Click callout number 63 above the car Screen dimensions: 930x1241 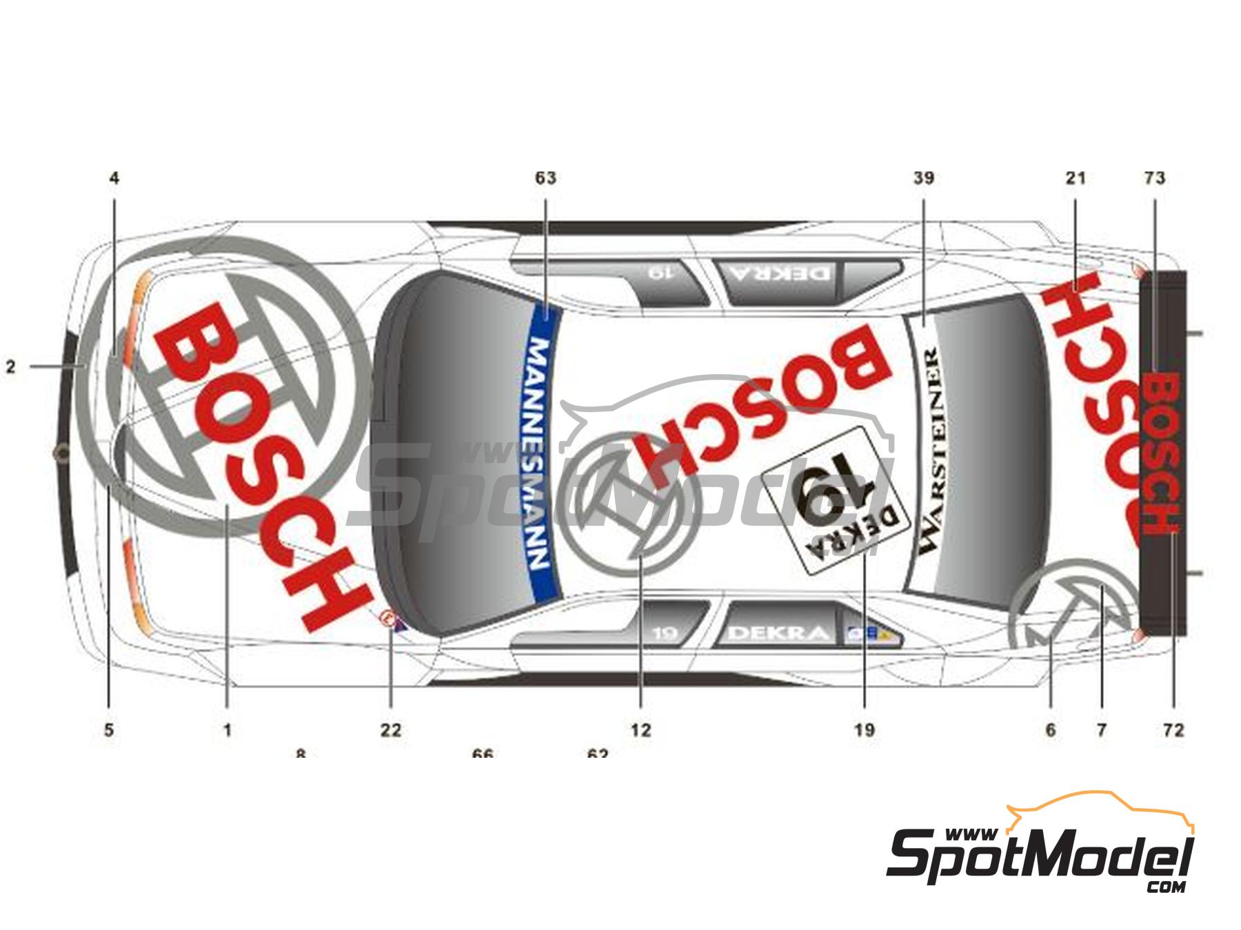pos(545,178)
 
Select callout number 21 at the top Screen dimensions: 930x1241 pos(1076,178)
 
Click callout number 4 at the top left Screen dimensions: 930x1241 pos(114,178)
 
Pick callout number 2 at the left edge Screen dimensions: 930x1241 pos(10,367)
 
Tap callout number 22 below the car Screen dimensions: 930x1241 pos(390,730)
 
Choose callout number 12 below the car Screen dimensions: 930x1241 pos(640,730)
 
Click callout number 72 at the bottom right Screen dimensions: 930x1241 pos(1173,730)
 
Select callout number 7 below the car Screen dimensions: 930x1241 pos(1101,730)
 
